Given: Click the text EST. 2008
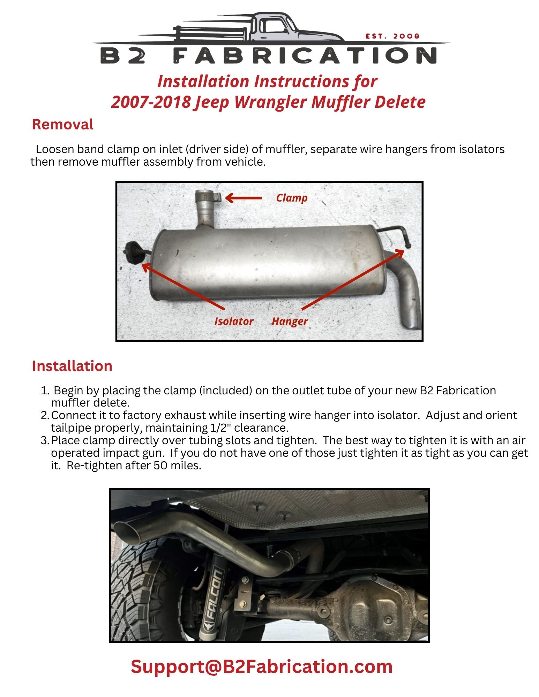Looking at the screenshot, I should [392, 36].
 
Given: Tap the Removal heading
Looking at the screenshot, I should [62, 124].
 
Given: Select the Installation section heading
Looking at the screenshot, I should [72, 366].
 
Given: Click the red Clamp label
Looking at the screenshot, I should [292, 198].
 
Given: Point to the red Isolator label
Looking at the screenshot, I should [234, 321].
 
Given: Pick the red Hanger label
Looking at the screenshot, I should [290, 321].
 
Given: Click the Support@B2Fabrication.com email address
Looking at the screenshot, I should [262, 666].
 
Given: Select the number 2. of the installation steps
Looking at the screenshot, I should [45, 416].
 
